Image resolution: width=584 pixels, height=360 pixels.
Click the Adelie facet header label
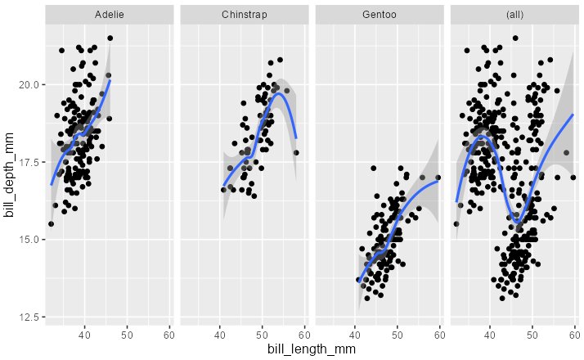(109, 16)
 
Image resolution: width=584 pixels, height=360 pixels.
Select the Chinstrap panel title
(245, 16)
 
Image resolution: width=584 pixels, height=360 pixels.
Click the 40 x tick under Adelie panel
(84, 334)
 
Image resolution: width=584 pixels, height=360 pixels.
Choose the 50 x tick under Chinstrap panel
(262, 334)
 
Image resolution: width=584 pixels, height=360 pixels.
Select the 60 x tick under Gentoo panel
(439, 334)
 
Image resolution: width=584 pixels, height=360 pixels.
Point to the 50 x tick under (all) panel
(532, 334)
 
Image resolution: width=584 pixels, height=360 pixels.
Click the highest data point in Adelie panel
(110, 38)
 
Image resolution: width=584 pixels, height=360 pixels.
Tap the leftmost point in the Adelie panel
(51, 223)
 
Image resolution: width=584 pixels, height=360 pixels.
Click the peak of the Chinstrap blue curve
(279, 93)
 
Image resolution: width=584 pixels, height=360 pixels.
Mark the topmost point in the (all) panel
(515, 38)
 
